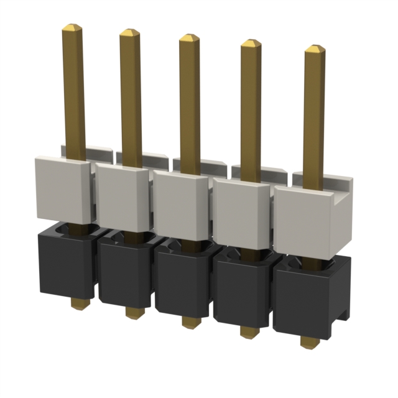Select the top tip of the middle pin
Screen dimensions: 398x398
point(190,37)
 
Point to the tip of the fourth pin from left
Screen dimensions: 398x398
point(251,43)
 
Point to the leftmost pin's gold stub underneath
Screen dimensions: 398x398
point(78,303)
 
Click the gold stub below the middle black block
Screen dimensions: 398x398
point(191,322)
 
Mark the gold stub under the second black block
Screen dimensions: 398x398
point(134,312)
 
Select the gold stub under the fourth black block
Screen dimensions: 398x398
point(249,331)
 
